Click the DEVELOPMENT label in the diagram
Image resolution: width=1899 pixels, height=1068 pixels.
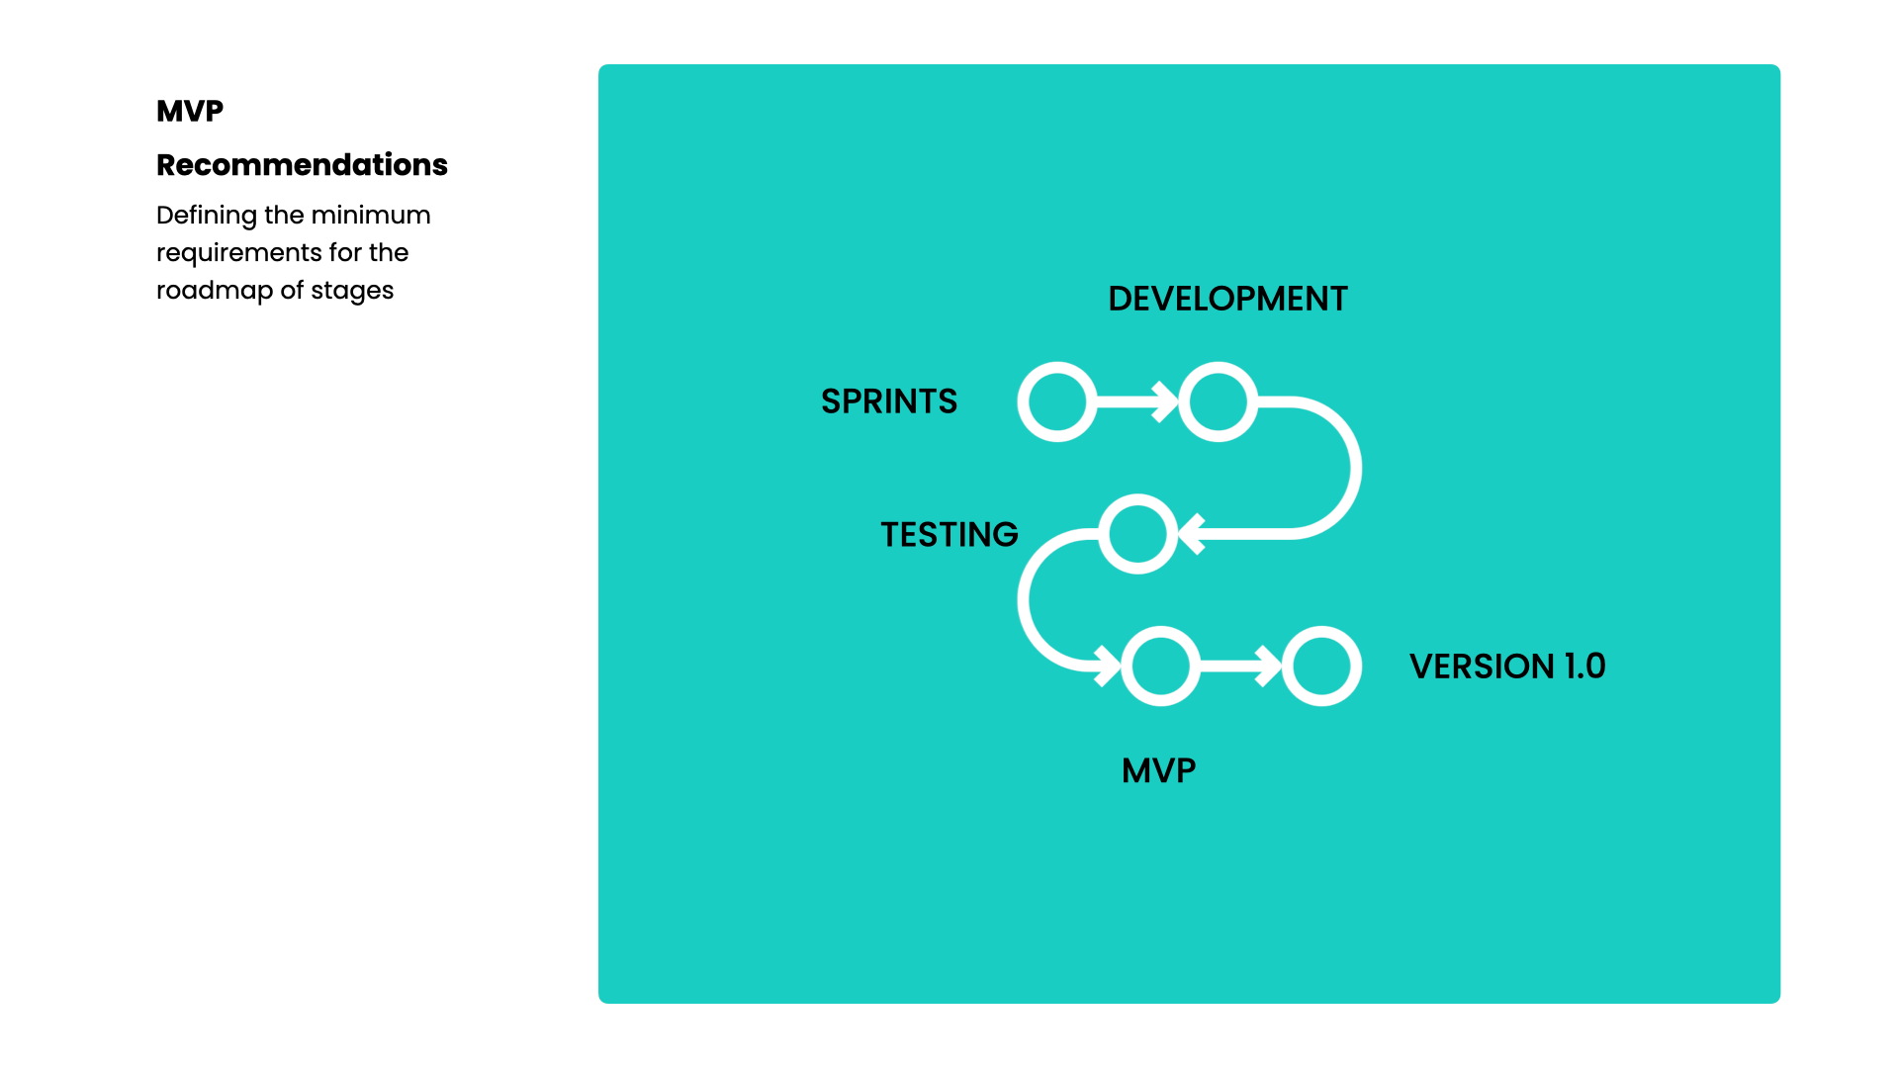1227,299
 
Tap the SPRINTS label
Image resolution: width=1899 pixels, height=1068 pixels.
888,401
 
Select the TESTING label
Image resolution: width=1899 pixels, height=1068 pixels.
949,535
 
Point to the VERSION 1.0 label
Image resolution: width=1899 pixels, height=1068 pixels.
1506,667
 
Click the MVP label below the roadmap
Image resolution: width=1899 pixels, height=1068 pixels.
1158,770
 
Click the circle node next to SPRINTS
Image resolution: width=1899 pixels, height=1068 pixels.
1057,401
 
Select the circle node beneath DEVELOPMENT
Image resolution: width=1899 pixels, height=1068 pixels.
1218,401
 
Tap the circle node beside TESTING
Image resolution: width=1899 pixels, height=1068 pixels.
1137,534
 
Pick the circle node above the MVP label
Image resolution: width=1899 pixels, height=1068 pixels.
1160,666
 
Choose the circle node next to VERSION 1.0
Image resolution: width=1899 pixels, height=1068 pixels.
1321,666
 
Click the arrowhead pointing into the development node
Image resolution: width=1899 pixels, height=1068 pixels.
1166,401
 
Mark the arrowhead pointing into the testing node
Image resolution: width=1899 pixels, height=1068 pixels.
1192,534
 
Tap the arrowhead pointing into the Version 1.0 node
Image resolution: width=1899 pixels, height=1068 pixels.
1269,666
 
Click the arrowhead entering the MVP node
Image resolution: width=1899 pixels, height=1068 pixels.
1108,666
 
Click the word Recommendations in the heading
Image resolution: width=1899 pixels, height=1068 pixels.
302,165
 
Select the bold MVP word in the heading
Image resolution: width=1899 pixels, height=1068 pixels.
190,111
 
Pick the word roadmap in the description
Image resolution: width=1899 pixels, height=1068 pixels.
214,291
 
